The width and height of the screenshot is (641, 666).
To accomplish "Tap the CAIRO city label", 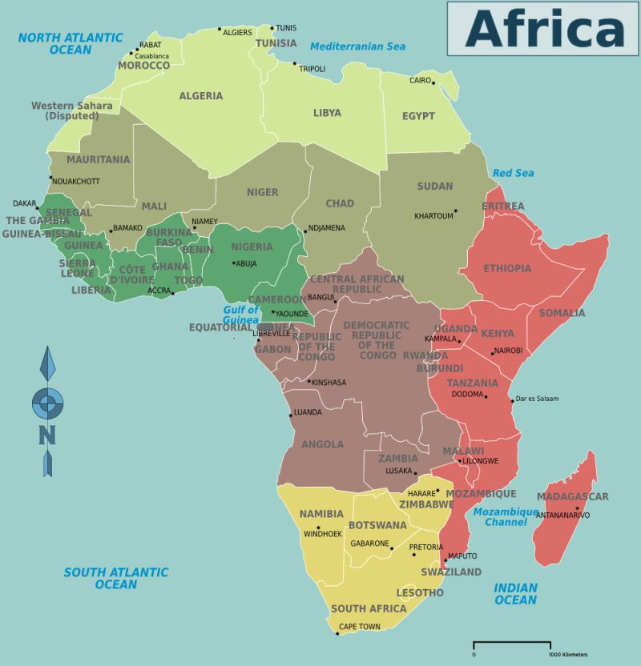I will [420, 81].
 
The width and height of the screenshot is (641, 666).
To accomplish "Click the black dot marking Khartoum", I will [456, 211].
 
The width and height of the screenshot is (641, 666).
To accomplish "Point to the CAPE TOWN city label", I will [359, 626].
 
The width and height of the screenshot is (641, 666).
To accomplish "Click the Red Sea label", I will [513, 173].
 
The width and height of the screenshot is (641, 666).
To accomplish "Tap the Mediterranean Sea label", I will [358, 46].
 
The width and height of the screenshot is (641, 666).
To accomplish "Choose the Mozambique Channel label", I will [506, 517].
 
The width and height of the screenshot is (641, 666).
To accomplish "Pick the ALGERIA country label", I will [201, 96].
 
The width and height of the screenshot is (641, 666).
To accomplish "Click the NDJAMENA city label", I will [326, 228].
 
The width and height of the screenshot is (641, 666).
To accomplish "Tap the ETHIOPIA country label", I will [507, 268].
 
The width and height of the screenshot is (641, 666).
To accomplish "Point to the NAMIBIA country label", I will [322, 514].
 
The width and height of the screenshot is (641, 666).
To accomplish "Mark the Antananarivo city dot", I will [576, 508].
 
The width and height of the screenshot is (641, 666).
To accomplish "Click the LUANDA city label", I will [308, 412].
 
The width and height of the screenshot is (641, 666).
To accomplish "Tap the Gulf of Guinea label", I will [241, 315].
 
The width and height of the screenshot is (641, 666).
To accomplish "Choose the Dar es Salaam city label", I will [536, 399].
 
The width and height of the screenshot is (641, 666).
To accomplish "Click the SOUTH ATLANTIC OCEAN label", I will [116, 578].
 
